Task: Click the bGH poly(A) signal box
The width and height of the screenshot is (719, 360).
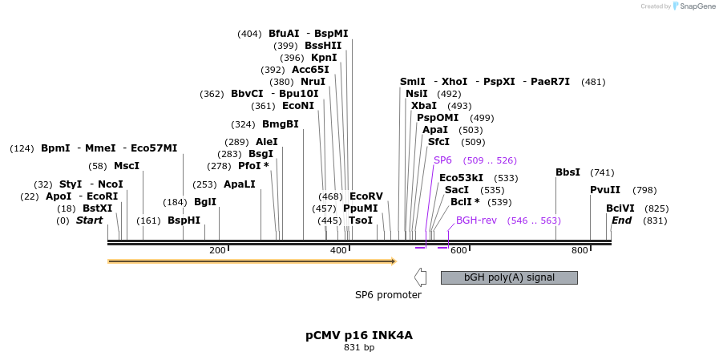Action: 509,277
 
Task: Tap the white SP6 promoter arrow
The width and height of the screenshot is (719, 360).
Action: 419,277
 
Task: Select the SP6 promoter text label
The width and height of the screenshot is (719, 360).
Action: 388,295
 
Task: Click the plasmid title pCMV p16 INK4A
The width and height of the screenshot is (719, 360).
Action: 359,335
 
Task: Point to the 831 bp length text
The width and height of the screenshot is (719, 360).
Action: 359,348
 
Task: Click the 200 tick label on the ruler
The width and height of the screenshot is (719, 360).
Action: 217,251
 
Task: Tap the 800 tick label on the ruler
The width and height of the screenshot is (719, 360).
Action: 580,251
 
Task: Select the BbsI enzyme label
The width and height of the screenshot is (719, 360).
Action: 568,172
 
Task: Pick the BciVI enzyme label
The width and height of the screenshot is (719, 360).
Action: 620,208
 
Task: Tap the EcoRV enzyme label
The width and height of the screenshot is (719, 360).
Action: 366,196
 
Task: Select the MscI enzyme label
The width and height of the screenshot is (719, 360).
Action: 127,166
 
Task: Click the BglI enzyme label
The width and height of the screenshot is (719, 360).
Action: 205,202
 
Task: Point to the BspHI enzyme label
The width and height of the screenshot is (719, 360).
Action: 184,220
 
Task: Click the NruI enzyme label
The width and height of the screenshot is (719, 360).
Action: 313,82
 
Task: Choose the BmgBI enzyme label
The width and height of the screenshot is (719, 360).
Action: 281,124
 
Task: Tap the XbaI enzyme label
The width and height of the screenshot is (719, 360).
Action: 424,106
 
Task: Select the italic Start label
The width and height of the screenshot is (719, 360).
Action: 89,220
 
